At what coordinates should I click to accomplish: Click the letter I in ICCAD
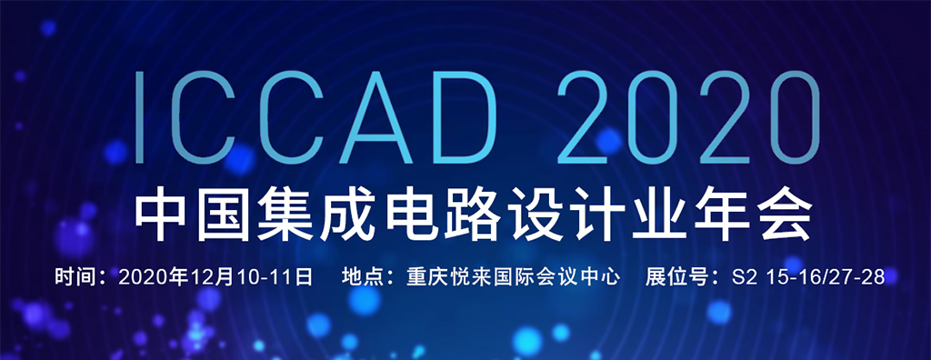point(139,117)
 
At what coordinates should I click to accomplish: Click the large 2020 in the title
point(688,117)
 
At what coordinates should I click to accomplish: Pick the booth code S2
point(746,277)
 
